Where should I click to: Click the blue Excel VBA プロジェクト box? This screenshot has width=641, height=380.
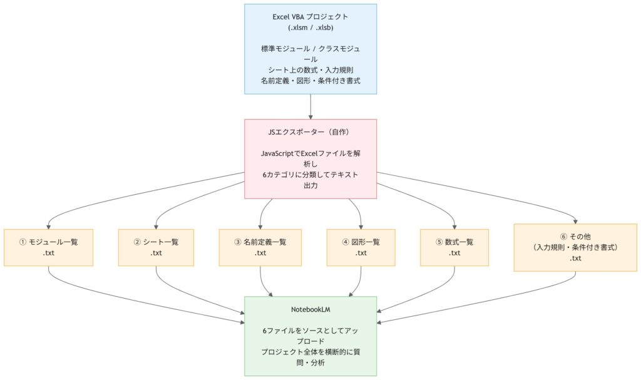[x=310, y=49]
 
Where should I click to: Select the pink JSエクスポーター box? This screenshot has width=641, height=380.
[x=310, y=159]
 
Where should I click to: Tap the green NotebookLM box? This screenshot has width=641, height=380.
[x=310, y=336]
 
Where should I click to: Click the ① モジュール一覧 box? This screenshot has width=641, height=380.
[x=48, y=247]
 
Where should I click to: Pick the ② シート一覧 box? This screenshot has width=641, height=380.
[x=156, y=247]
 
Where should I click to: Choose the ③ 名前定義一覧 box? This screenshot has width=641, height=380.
[x=260, y=247]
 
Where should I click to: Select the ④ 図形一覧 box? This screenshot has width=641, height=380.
[x=361, y=247]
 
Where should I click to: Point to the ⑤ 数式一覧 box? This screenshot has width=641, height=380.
[x=454, y=247]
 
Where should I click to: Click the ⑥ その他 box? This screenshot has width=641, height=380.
[x=575, y=247]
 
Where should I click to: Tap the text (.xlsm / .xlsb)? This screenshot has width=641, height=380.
[x=310, y=28]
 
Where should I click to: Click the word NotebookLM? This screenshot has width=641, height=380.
[x=310, y=309]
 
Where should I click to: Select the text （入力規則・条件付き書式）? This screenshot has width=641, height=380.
[x=575, y=248]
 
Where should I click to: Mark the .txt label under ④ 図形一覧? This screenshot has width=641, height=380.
[x=361, y=254]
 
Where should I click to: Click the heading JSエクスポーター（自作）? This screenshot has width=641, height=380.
[x=310, y=132]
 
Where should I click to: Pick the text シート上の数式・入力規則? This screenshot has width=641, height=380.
[x=310, y=69]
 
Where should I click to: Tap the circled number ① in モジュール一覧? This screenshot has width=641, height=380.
[x=23, y=242]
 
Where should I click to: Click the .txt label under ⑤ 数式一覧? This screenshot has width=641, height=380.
[x=454, y=254]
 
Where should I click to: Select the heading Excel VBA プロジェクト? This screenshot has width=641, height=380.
[x=310, y=17]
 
